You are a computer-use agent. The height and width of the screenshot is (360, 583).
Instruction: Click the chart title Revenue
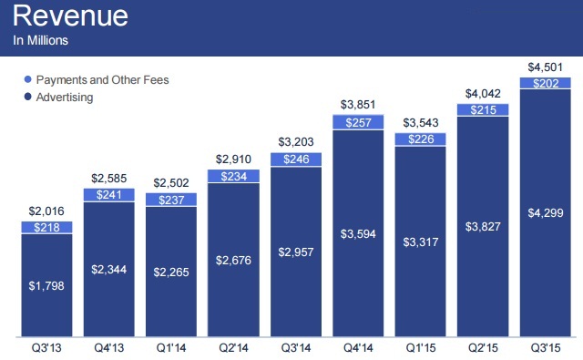(x=70, y=15)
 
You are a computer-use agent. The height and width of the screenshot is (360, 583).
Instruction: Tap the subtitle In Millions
(x=40, y=40)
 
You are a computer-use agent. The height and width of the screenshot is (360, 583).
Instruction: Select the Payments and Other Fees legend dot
(x=27, y=79)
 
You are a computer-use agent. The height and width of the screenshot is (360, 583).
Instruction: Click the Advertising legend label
(x=65, y=98)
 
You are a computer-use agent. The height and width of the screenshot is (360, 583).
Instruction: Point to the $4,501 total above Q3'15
(x=545, y=67)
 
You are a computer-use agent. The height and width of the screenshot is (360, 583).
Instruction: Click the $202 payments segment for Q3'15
(x=545, y=83)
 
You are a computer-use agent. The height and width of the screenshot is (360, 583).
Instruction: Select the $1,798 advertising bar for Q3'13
(x=46, y=285)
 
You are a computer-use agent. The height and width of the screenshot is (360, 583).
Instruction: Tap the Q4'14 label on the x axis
(x=358, y=348)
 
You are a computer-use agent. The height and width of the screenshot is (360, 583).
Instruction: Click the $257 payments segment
(x=358, y=122)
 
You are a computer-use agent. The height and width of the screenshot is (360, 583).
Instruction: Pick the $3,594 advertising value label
(x=358, y=234)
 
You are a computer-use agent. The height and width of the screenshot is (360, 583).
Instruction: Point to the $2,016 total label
(x=46, y=211)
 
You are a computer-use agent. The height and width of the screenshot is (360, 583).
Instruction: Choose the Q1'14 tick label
(x=171, y=348)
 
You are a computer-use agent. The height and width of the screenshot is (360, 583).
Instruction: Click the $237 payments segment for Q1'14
(x=171, y=200)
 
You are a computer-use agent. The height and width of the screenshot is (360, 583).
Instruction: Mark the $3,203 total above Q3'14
(x=296, y=141)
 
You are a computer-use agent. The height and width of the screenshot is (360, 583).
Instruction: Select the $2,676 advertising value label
(x=233, y=260)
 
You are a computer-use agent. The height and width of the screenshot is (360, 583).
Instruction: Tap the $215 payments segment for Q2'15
(x=483, y=109)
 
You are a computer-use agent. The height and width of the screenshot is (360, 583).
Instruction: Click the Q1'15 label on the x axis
(x=421, y=348)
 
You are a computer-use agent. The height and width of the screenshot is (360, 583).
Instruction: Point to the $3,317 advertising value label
(x=421, y=242)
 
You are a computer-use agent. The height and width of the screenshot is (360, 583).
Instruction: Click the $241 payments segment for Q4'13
(x=109, y=195)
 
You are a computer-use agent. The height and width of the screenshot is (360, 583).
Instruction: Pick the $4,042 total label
(x=483, y=93)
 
